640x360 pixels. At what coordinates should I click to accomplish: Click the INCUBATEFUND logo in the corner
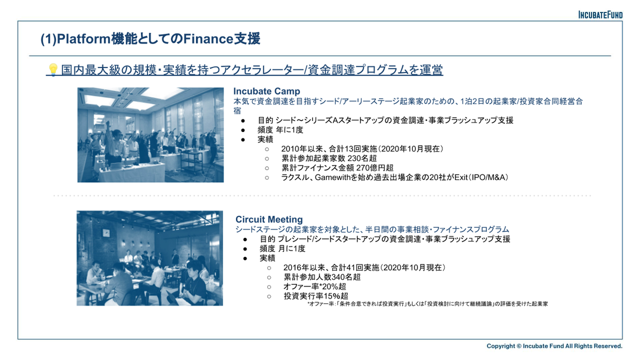pos(600,15)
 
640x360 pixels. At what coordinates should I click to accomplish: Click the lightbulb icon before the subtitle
pos(53,70)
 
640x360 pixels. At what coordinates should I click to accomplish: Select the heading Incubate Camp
pos(267,91)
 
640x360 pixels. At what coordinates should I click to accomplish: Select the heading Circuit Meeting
pos(269,220)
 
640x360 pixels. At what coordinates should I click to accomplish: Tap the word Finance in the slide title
pos(208,39)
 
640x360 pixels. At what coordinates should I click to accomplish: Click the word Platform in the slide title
pos(84,39)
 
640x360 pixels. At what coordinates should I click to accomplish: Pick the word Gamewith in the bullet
pos(332,177)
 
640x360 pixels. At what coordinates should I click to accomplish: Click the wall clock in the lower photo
pos(106,233)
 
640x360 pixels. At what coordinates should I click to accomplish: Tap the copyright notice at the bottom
pos(554,346)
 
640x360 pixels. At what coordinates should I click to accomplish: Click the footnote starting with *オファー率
pos(428,304)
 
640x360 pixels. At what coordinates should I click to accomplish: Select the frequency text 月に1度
pos(292,248)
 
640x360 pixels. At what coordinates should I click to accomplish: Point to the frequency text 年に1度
pos(289,130)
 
